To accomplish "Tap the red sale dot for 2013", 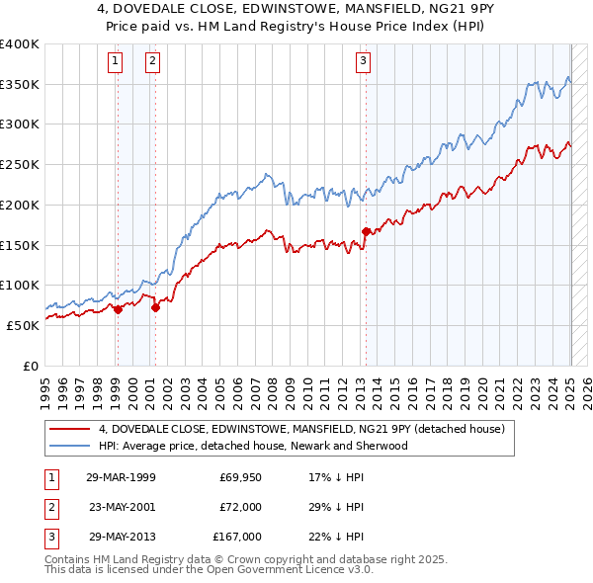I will coord(366,231).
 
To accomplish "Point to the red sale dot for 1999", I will coord(118,309).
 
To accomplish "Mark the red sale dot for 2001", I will coord(155,307).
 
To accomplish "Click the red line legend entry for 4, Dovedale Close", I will coord(301,429).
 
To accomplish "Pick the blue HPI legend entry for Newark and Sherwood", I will coord(253,446).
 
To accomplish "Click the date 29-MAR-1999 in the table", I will coord(121,478).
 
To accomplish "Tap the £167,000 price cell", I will coord(237,537).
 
